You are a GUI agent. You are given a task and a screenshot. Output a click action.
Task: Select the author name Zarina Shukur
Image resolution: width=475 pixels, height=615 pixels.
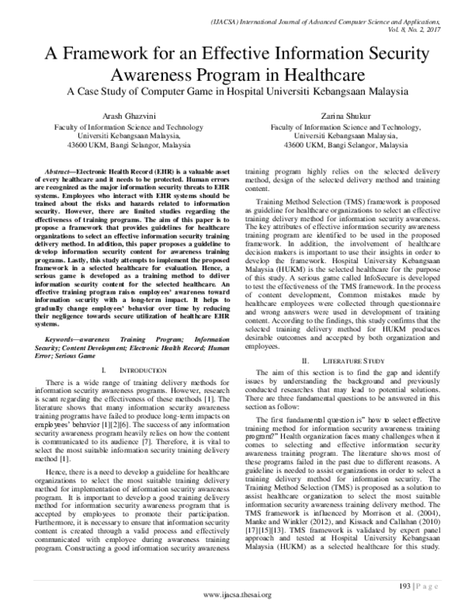pos(345,115)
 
